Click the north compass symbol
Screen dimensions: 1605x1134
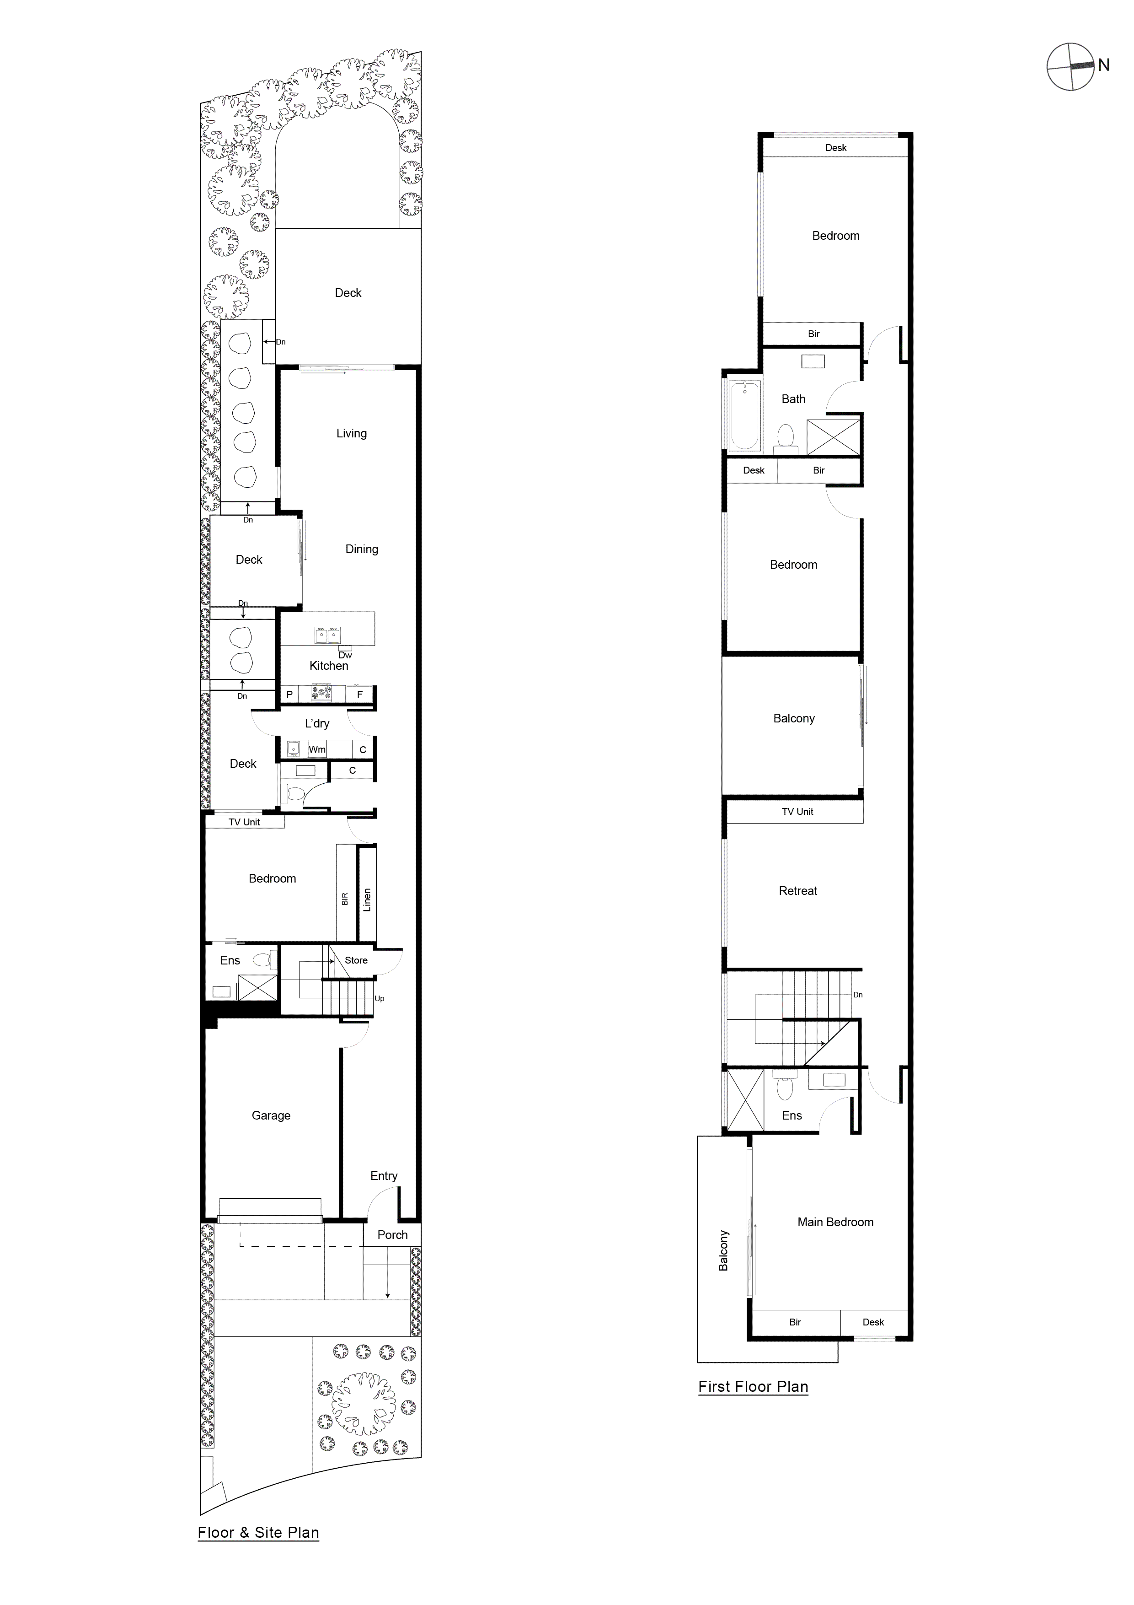(1070, 67)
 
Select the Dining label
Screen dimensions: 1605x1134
(361, 549)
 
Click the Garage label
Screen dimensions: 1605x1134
(271, 1115)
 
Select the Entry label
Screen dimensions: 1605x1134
(384, 1176)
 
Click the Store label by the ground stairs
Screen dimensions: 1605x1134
(356, 960)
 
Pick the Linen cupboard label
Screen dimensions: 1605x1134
(367, 900)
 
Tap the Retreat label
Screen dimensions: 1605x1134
(798, 891)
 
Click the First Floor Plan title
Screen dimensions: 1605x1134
(753, 1387)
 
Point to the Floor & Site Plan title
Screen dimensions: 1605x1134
(258, 1533)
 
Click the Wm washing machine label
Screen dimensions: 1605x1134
(317, 749)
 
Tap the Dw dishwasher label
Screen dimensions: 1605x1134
(345, 655)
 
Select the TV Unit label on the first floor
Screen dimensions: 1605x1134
(797, 812)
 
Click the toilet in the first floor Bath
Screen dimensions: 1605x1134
(786, 436)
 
